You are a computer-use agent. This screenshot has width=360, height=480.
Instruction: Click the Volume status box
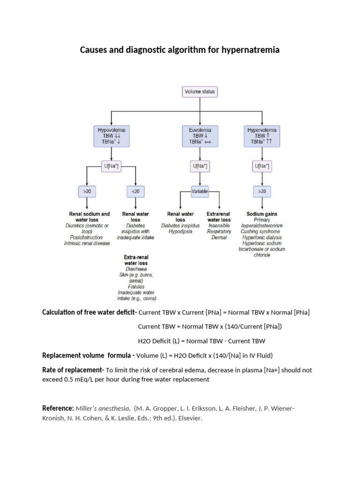pos(200,92)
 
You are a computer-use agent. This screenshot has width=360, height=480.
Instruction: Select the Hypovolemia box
pos(111,135)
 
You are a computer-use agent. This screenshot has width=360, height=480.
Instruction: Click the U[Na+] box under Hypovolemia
pos(111,166)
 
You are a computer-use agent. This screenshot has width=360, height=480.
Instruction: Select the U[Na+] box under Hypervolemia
pos(262,166)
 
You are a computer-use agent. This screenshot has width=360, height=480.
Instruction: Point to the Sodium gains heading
pos(262,214)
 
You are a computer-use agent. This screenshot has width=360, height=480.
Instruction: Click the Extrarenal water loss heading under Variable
pos(219,217)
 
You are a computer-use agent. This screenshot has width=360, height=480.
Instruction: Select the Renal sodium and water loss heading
pos(87,217)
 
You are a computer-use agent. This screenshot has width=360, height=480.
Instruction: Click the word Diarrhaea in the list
pos(135,269)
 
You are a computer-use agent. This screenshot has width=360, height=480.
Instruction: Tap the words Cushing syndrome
pos(261,232)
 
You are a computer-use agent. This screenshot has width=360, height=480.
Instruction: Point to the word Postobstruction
pos(87,237)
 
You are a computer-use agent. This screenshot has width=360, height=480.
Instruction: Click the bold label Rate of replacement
pos(73,370)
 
